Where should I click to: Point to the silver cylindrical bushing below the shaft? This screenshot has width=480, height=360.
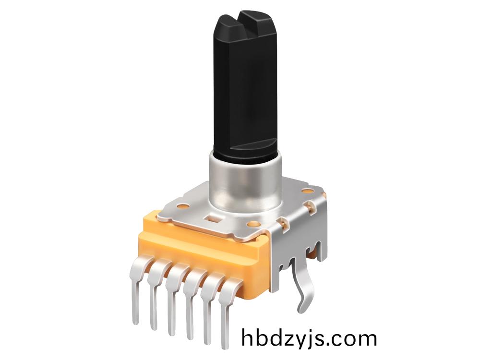(x=245, y=184)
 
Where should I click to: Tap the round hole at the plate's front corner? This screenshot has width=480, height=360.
(x=253, y=224)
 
